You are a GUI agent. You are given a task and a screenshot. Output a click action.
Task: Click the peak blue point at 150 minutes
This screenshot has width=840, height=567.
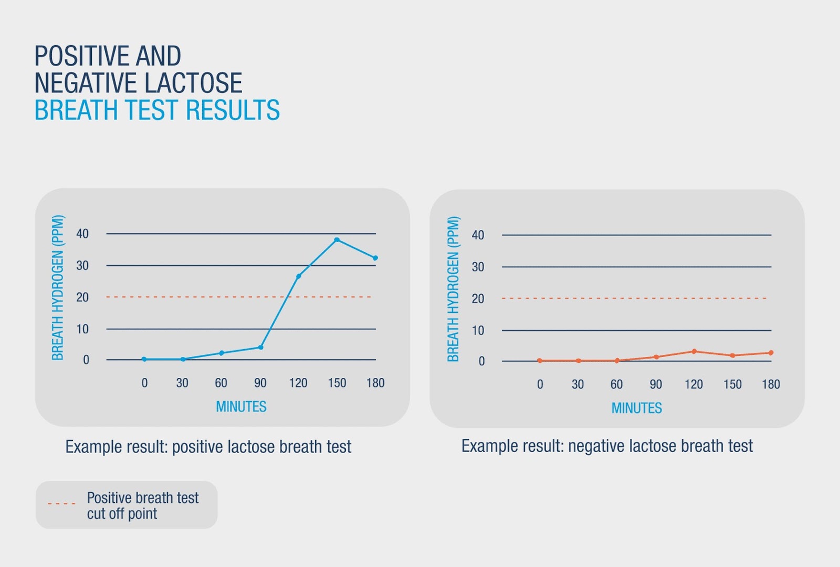pyautogui.click(x=337, y=240)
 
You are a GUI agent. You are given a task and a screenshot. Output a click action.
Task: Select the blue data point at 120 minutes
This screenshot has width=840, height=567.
pyautogui.click(x=299, y=276)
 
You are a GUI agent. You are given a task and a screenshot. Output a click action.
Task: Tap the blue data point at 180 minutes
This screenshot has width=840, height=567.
pyautogui.click(x=375, y=258)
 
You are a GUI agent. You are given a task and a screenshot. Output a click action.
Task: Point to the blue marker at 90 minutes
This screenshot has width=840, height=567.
pyautogui.click(x=261, y=347)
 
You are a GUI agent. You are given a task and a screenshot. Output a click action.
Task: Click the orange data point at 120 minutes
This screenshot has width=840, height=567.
pyautogui.click(x=694, y=351)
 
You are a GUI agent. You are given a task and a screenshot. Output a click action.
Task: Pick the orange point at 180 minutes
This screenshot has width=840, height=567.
pyautogui.click(x=771, y=353)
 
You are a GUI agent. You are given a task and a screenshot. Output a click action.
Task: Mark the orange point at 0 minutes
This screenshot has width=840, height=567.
pyautogui.click(x=540, y=361)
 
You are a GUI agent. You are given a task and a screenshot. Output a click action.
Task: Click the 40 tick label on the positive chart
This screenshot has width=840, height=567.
pyautogui.click(x=82, y=234)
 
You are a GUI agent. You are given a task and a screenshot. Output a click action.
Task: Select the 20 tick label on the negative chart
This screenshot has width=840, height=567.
pyautogui.click(x=478, y=299)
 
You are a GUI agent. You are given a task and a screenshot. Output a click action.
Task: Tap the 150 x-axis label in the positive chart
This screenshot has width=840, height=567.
pyautogui.click(x=337, y=383)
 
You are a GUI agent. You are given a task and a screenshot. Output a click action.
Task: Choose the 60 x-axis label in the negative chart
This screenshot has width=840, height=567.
pyautogui.click(x=616, y=384)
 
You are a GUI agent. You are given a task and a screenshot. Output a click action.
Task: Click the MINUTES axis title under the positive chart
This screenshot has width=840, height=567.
pyautogui.click(x=241, y=407)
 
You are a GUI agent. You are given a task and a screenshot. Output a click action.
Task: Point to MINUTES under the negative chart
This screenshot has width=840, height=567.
pyautogui.click(x=636, y=408)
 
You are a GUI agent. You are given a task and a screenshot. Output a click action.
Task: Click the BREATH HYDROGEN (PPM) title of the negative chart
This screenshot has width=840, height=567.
pyautogui.click(x=453, y=289)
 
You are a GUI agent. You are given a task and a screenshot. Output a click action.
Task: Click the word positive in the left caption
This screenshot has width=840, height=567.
pyautogui.click(x=197, y=447)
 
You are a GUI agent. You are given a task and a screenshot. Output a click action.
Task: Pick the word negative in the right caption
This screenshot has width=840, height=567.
pyautogui.click(x=596, y=446)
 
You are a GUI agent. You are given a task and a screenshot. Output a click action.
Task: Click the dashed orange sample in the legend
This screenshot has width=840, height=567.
pyautogui.click(x=61, y=503)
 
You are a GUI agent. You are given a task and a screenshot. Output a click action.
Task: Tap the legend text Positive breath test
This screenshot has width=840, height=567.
pyautogui.click(x=143, y=498)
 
